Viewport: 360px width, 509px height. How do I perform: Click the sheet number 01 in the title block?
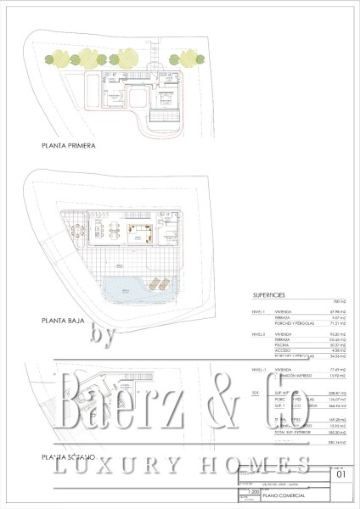click(x=340, y=476)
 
